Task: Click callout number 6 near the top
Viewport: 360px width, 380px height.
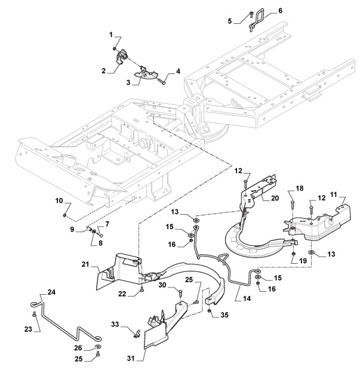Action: coord(280,11)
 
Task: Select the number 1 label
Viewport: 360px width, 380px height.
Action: coord(111,35)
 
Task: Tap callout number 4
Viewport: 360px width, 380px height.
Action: coord(178,71)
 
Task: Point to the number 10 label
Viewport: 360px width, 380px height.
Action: coord(59,200)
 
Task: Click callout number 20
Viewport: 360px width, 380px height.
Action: coord(275,198)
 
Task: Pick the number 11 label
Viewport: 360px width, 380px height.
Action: coord(334,194)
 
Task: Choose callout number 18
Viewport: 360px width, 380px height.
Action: coord(300,189)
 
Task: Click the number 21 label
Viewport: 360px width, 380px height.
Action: coord(85,264)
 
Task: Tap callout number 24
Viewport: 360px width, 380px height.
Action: coord(51,292)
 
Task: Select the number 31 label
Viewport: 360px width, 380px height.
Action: coord(131,358)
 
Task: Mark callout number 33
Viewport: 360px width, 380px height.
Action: coord(115,325)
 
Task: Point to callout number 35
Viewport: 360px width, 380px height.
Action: coord(224,315)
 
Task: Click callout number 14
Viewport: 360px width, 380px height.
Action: coord(247,298)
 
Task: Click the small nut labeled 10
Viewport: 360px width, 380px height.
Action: coord(64,215)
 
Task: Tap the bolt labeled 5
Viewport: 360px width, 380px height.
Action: coord(251,15)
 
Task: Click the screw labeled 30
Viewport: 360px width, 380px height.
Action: coord(180,293)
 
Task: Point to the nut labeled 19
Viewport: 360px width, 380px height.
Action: coord(293,254)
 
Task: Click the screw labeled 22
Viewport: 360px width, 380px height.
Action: coord(142,289)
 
